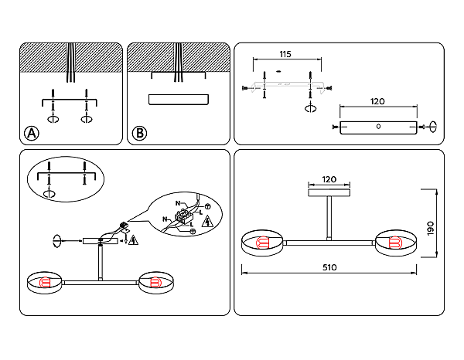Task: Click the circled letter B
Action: [x=139, y=134]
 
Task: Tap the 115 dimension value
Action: [x=285, y=55]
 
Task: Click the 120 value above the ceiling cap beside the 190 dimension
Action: [x=329, y=179]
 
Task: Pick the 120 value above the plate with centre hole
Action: [x=377, y=102]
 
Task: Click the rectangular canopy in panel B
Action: [x=179, y=98]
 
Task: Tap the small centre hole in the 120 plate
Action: [x=377, y=127]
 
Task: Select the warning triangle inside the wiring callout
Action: [x=207, y=222]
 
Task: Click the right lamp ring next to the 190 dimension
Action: [x=396, y=243]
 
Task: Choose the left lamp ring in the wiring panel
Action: [x=46, y=283]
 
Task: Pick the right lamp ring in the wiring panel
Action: [x=155, y=283]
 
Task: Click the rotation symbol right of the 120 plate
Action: [x=433, y=127]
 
